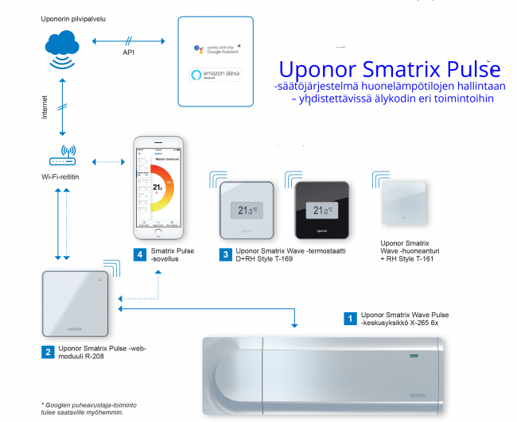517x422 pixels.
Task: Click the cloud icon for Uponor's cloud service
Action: [x=62, y=47]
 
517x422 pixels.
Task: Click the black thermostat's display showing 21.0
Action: [x=321, y=211]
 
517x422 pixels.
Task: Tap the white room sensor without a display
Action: [x=405, y=205]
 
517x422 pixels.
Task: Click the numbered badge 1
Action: [x=348, y=319]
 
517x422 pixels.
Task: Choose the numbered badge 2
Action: [x=49, y=351]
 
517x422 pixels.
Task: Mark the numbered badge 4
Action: [x=139, y=255]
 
